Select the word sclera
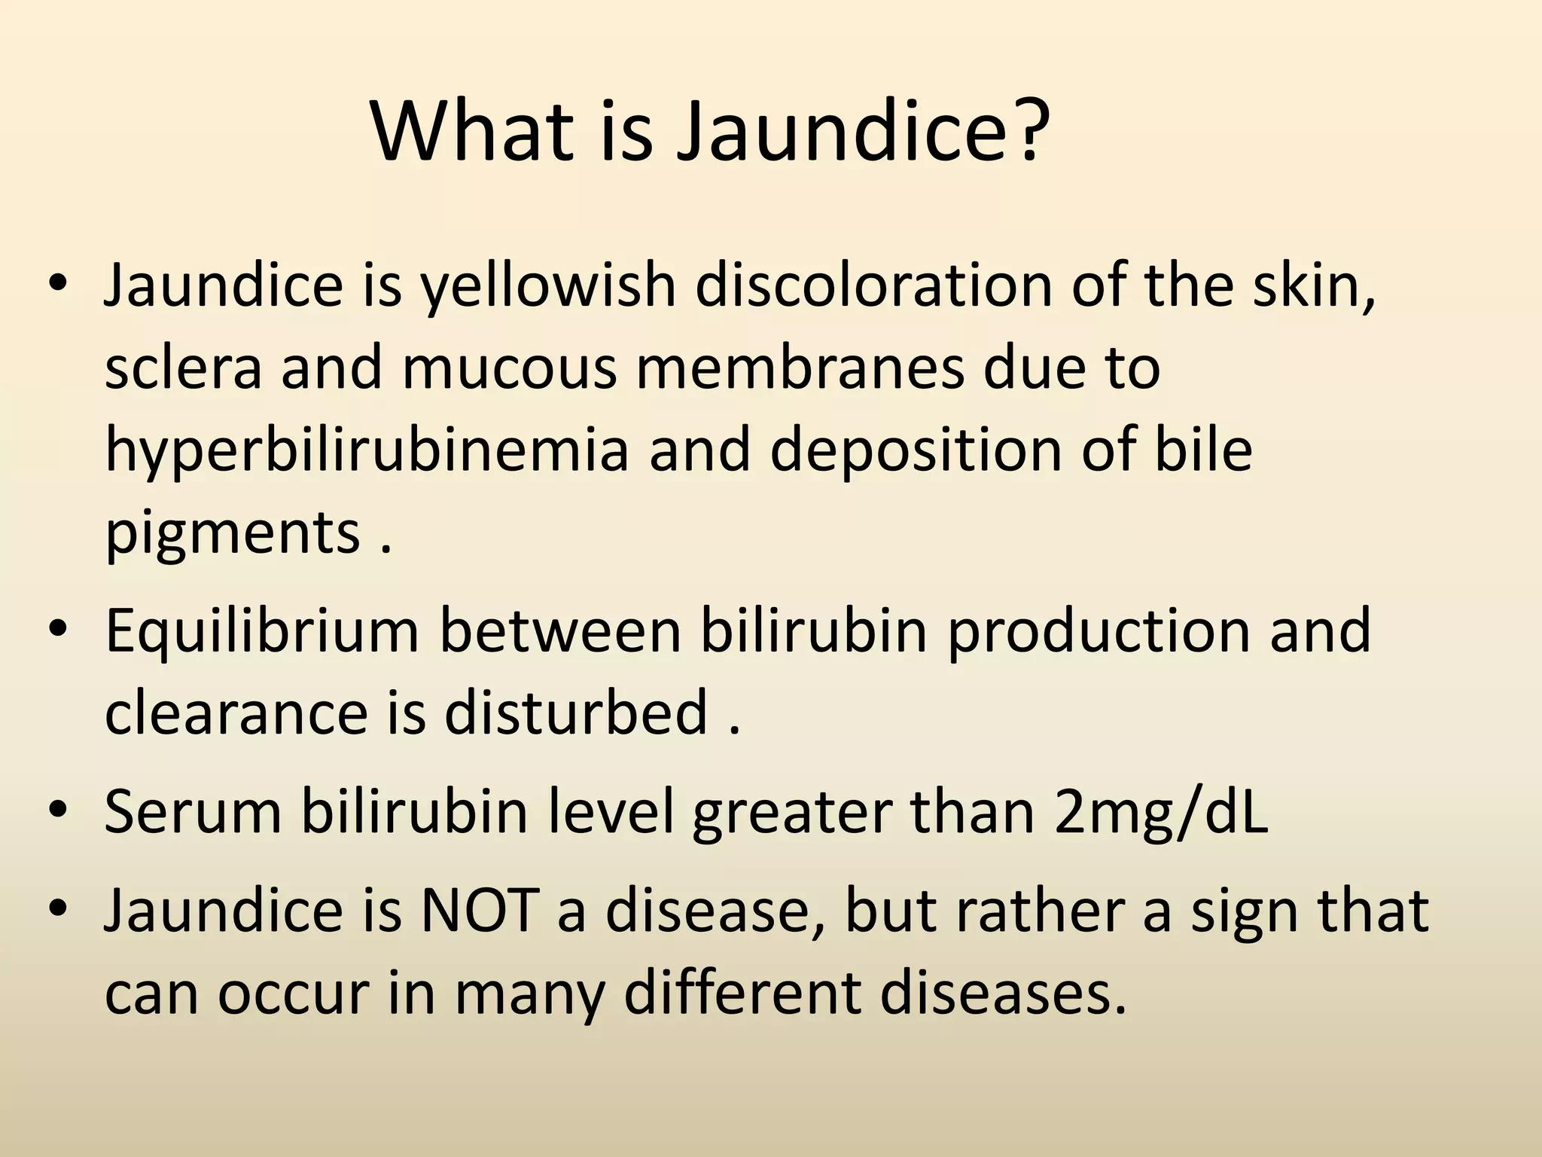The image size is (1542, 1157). click(183, 368)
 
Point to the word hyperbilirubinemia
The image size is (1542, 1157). click(366, 451)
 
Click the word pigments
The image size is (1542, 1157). click(232, 534)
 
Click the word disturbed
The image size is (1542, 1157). click(576, 713)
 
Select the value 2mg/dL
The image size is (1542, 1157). click(1161, 812)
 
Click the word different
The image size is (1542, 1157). click(742, 993)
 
